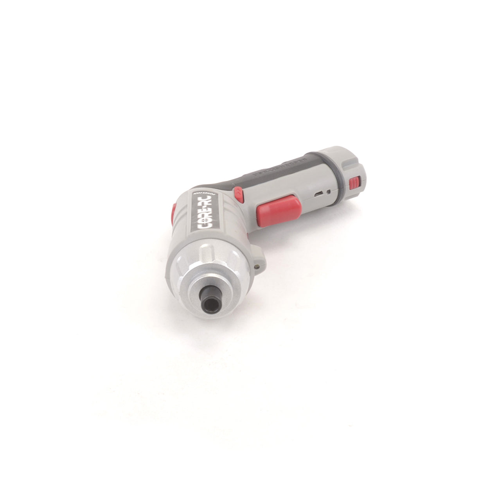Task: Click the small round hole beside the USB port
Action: coord(329,191)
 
